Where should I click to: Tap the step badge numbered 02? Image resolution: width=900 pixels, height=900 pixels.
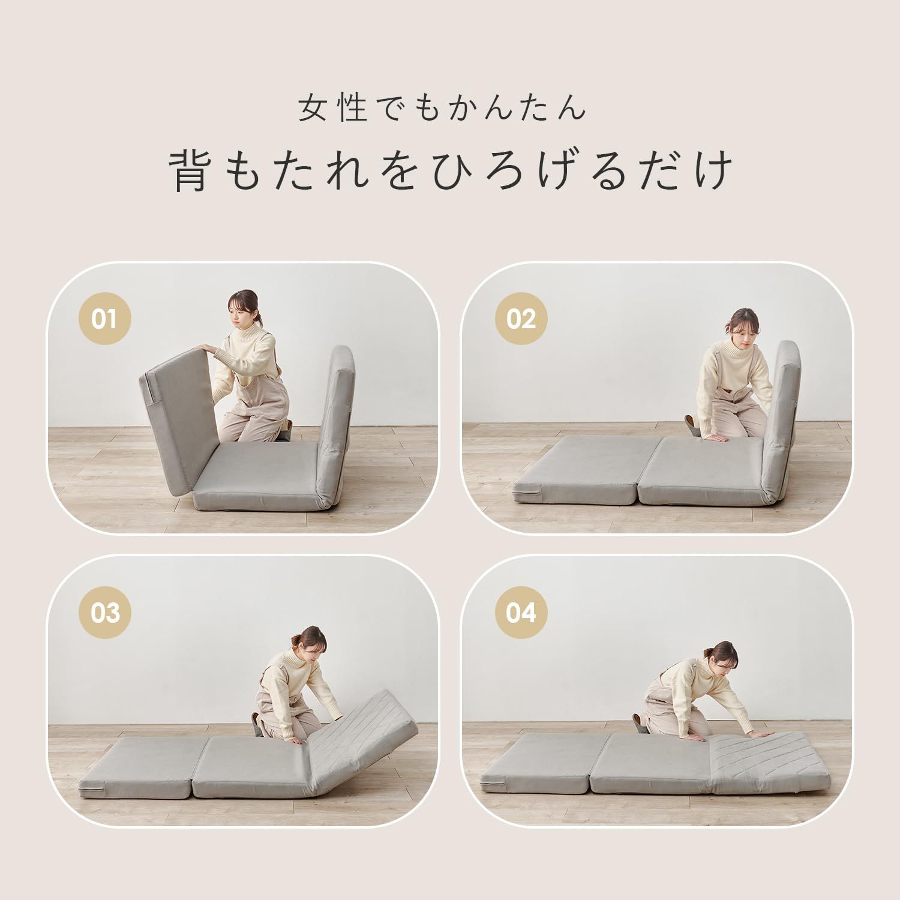520,319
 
